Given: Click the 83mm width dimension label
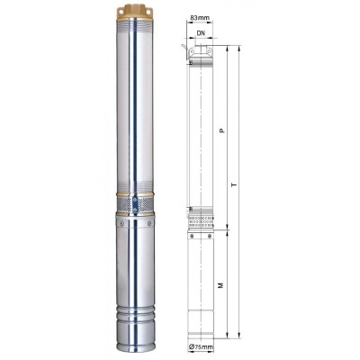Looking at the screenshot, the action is pyautogui.click(x=200, y=18).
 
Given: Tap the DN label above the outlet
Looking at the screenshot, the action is pyautogui.click(x=201, y=33).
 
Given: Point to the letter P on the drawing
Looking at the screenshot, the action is pyautogui.click(x=222, y=130).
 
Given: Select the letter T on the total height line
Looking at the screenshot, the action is pyautogui.click(x=235, y=185).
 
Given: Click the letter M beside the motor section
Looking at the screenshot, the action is pyautogui.click(x=221, y=285).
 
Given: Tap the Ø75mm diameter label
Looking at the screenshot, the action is pyautogui.click(x=201, y=347).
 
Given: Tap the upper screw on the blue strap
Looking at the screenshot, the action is pyautogui.click(x=135, y=199).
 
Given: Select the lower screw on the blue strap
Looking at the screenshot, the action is pyautogui.click(x=135, y=210).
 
